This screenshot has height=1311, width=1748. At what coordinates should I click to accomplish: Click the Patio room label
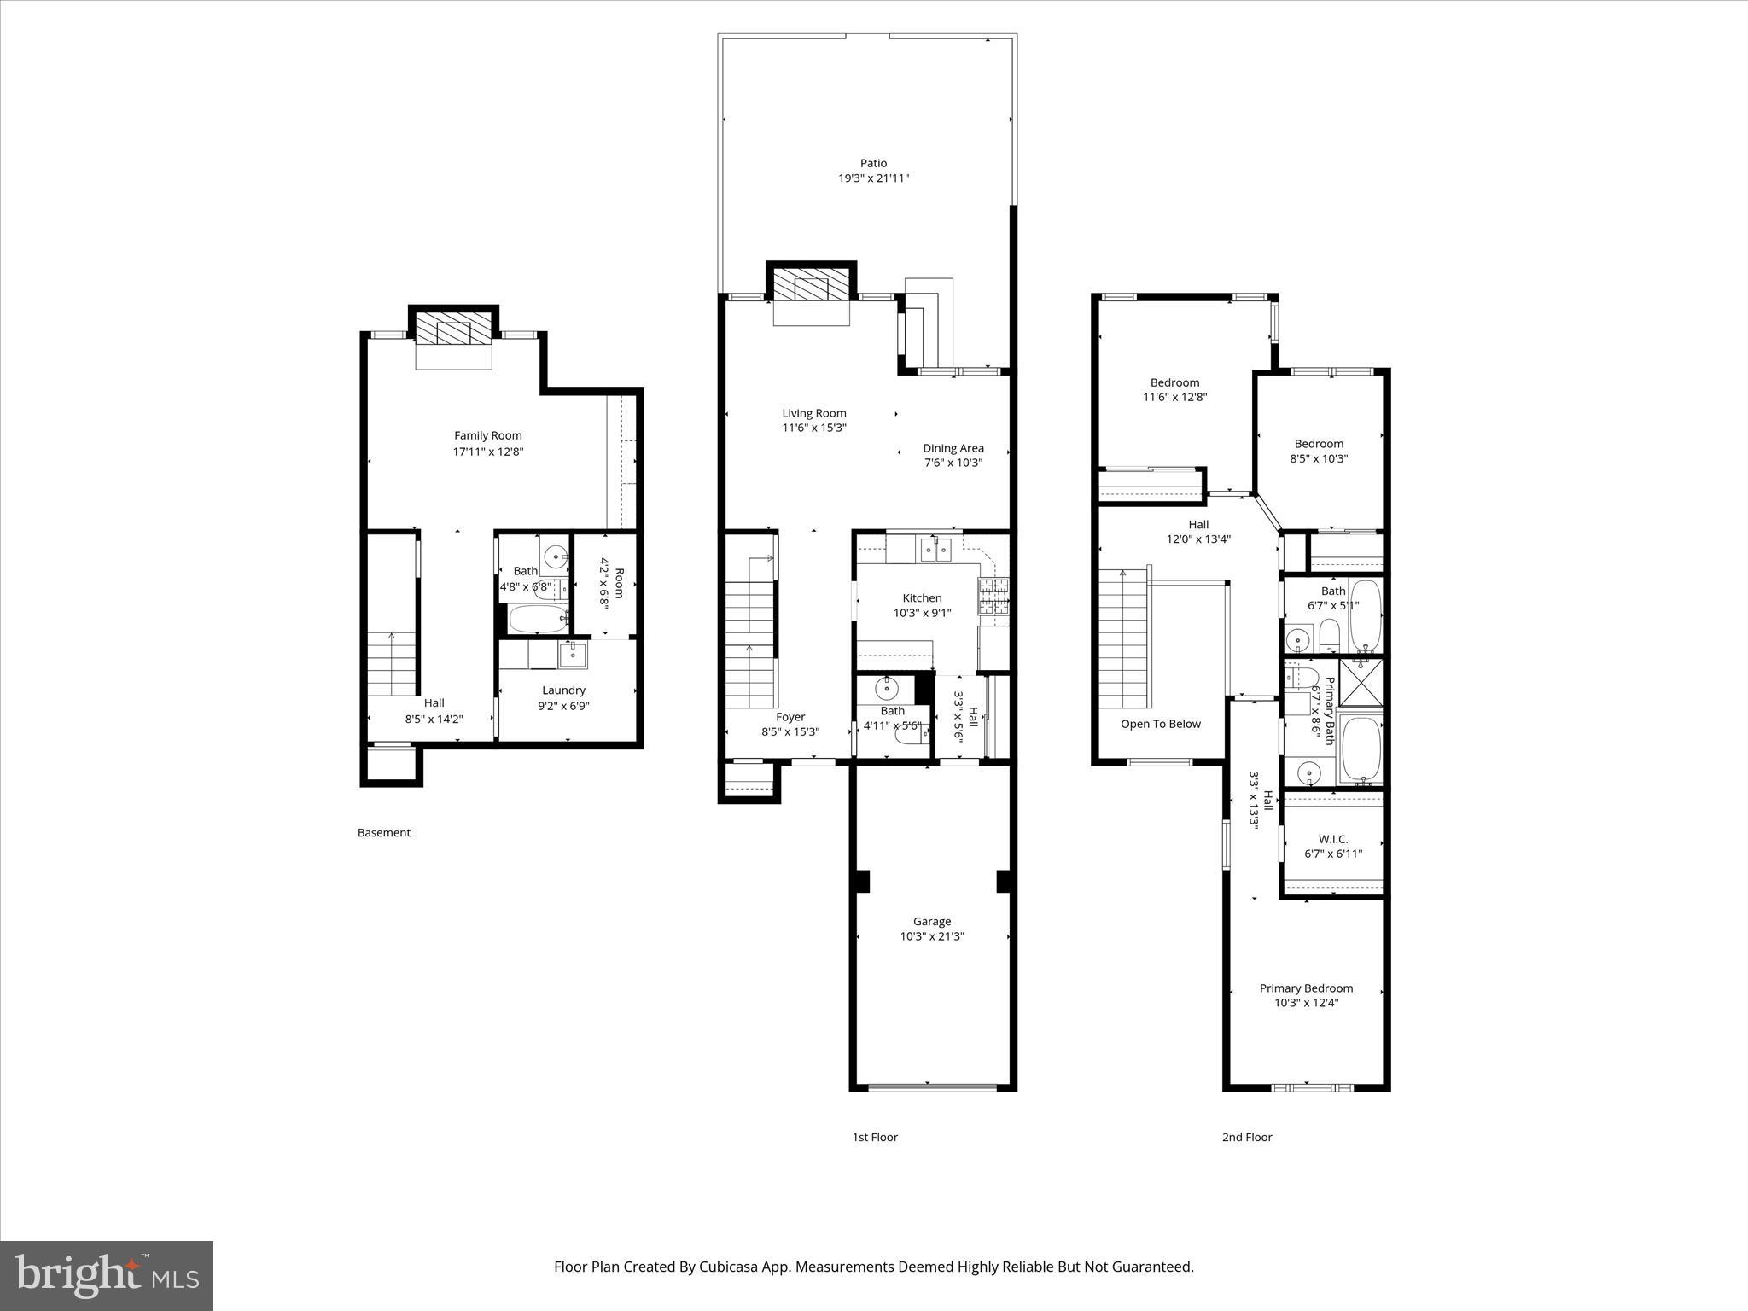pyautogui.click(x=873, y=163)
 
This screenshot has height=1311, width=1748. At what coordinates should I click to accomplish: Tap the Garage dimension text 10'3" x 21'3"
pyautogui.click(x=932, y=936)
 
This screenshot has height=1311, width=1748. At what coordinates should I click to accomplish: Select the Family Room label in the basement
pyautogui.click(x=488, y=435)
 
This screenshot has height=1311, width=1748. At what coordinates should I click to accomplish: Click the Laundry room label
pyautogui.click(x=563, y=690)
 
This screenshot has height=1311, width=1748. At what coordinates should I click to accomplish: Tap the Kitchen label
pyautogui.click(x=923, y=598)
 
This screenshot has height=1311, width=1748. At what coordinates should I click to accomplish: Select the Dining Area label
pyautogui.click(x=953, y=448)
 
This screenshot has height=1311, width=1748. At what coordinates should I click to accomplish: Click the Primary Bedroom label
pyautogui.click(x=1306, y=988)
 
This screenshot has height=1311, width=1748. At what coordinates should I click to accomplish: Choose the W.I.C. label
pyautogui.click(x=1333, y=839)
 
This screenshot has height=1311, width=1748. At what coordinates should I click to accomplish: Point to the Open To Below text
pyautogui.click(x=1161, y=724)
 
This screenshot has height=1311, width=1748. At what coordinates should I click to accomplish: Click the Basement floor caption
pyautogui.click(x=384, y=832)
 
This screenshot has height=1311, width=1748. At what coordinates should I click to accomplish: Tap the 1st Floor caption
pyautogui.click(x=875, y=1137)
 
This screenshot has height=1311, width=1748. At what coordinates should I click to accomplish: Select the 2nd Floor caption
pyautogui.click(x=1247, y=1137)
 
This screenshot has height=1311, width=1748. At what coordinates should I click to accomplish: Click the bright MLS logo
pyautogui.click(x=107, y=1275)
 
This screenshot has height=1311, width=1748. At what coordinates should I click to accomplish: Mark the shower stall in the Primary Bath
pyautogui.click(x=1360, y=682)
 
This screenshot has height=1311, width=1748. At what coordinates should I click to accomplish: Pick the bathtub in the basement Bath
pyautogui.click(x=538, y=619)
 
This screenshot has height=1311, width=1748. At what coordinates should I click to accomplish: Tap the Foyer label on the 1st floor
pyautogui.click(x=790, y=717)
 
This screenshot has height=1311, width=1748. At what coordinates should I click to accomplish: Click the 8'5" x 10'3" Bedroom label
pyautogui.click(x=1319, y=444)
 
